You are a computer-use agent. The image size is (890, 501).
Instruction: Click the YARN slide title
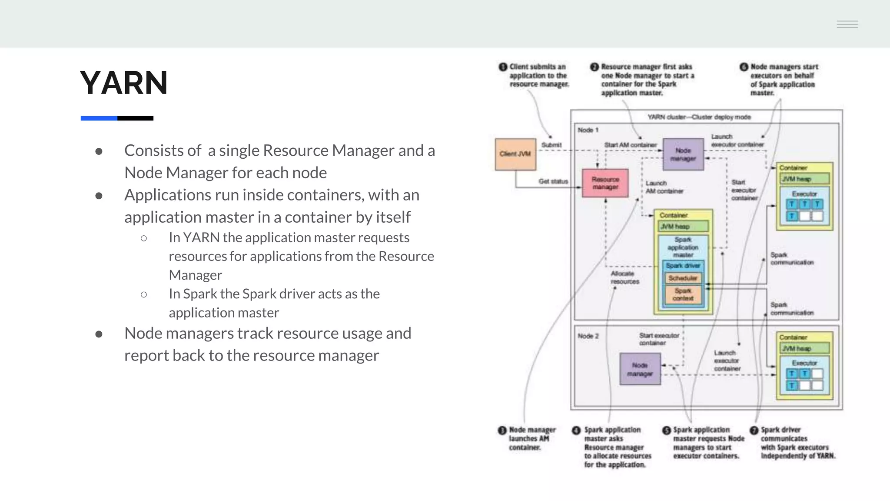[x=124, y=83]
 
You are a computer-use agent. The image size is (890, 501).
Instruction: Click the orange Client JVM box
[x=515, y=154]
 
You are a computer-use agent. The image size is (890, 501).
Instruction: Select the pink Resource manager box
[x=605, y=183]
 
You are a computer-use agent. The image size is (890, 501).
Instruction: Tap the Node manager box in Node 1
[x=683, y=154]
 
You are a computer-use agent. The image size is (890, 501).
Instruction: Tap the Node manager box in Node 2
[x=640, y=369]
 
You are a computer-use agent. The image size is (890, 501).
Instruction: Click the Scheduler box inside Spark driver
[x=683, y=278]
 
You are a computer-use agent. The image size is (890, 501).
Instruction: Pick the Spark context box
[x=683, y=294]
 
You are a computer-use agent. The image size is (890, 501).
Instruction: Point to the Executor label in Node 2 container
[x=804, y=363]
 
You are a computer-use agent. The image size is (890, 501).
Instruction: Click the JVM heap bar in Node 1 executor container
[x=804, y=179]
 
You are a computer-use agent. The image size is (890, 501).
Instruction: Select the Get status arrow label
[x=553, y=181]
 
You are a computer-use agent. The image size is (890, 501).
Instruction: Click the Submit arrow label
[x=551, y=145]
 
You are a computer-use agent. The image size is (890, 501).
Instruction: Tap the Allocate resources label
[x=624, y=277]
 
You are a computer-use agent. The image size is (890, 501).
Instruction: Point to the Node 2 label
[x=588, y=336]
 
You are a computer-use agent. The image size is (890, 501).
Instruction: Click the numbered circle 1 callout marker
[x=503, y=67]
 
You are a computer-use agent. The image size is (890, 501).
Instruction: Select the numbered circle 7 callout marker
[x=754, y=431]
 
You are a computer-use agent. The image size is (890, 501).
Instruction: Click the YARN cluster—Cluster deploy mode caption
[x=699, y=117]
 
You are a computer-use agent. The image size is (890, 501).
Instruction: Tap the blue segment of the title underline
[x=99, y=118]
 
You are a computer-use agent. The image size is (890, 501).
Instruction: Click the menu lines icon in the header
[x=847, y=24]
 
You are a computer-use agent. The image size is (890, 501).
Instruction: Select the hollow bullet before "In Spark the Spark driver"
[x=144, y=294]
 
